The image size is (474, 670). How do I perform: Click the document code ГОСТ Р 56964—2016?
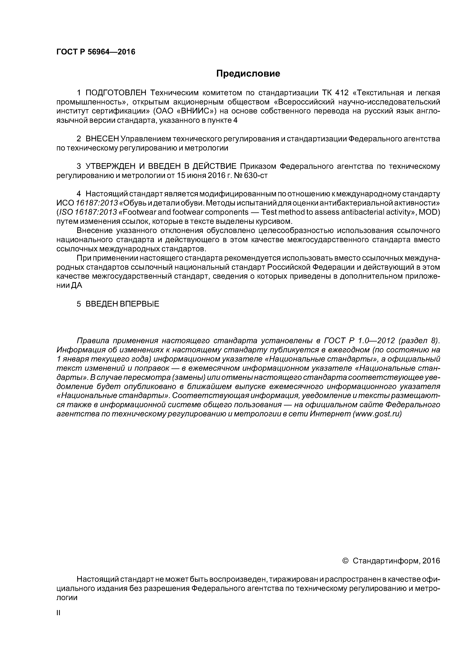[x=96, y=52]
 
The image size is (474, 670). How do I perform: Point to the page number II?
[x=58, y=613]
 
